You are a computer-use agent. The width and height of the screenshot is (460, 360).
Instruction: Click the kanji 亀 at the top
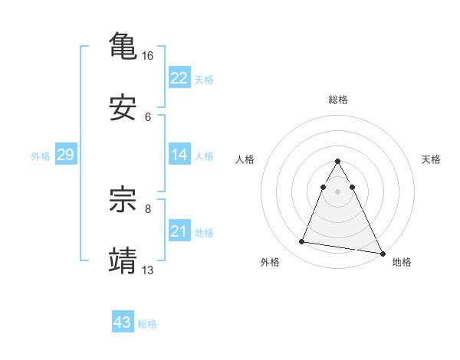tap(123, 45)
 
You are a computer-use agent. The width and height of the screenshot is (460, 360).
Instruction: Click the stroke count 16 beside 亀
tap(148, 56)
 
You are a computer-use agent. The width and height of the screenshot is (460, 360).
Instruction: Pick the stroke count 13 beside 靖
tap(148, 270)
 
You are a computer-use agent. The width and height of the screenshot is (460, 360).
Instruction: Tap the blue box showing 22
tap(179, 78)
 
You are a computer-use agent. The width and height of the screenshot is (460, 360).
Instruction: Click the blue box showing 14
tap(179, 155)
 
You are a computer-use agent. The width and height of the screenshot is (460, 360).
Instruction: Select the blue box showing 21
tap(179, 231)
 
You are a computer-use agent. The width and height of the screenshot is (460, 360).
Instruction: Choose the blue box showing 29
tap(65, 155)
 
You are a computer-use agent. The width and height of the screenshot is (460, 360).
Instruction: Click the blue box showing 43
tap(123, 322)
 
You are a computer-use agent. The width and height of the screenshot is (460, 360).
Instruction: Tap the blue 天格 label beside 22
tap(204, 79)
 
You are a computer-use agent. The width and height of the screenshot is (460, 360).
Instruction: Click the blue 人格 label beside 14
tap(204, 155)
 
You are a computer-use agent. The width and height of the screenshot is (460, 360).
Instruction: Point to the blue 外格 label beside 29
tap(41, 155)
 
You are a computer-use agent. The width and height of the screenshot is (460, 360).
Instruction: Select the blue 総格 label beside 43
tap(147, 324)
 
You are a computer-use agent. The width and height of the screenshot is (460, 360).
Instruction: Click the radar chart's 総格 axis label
tap(338, 100)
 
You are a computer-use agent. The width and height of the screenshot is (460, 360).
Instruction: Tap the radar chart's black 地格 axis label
tap(402, 262)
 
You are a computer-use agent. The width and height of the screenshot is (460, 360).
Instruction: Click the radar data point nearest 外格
tap(301, 242)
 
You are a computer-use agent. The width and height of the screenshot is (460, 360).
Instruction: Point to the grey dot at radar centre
tap(338, 191)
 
